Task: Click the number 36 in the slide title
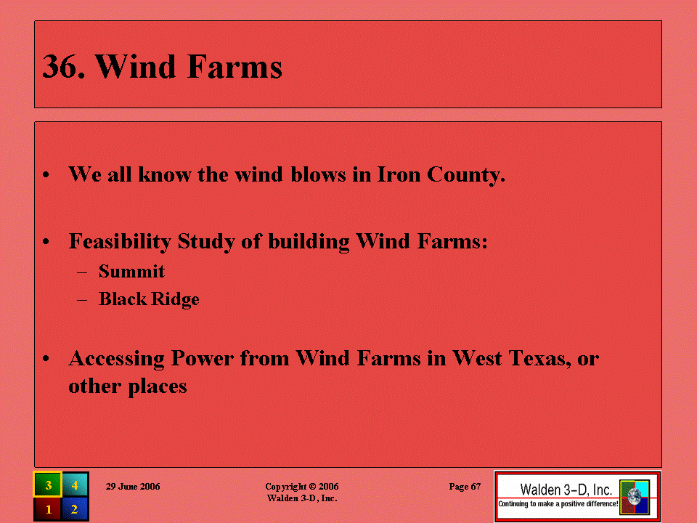(60, 67)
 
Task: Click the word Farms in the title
(235, 67)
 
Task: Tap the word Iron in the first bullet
(399, 174)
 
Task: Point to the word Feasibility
(120, 242)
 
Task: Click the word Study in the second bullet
(206, 242)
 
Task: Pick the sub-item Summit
(131, 271)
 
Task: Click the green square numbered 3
(48, 485)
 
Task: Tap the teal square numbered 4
(75, 485)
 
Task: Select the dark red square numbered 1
(48, 508)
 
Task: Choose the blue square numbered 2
(75, 508)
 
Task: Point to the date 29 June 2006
(133, 487)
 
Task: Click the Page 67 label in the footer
(465, 487)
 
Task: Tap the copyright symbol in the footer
(312, 487)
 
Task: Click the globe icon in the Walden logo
(635, 497)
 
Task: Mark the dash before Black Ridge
(82, 300)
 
